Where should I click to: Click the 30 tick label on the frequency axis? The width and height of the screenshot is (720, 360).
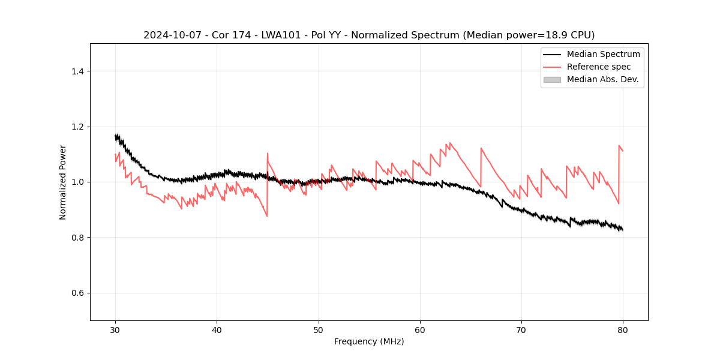click(x=115, y=330)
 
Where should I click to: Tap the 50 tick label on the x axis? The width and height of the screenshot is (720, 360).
click(x=319, y=330)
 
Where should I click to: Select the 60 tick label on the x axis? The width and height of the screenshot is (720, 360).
click(x=420, y=330)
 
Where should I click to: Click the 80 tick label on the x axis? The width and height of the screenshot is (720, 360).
click(x=623, y=330)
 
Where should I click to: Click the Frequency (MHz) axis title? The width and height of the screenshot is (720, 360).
click(x=369, y=341)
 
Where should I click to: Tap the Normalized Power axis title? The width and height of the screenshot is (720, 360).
click(x=63, y=182)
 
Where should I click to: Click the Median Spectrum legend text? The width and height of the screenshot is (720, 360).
click(x=603, y=54)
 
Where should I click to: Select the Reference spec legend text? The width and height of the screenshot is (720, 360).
click(x=599, y=67)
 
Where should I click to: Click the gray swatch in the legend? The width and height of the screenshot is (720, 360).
click(x=552, y=79)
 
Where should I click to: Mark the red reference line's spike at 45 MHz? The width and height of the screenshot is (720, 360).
click(x=268, y=153)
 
